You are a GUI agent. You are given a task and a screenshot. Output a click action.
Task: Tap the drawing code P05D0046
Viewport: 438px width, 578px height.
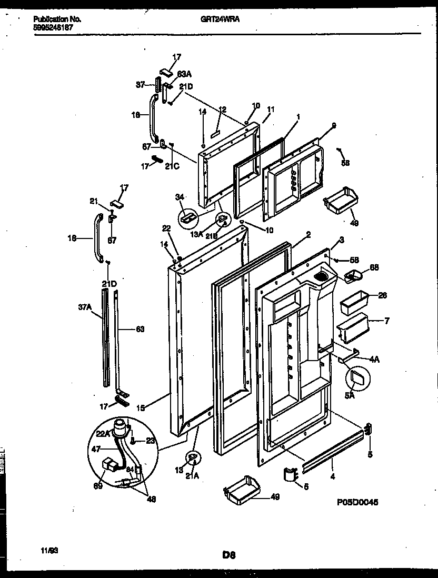point(357,503)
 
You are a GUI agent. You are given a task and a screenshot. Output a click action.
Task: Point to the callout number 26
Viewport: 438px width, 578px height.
point(383,296)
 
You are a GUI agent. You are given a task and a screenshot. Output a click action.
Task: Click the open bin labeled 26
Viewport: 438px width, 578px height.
point(354,304)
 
